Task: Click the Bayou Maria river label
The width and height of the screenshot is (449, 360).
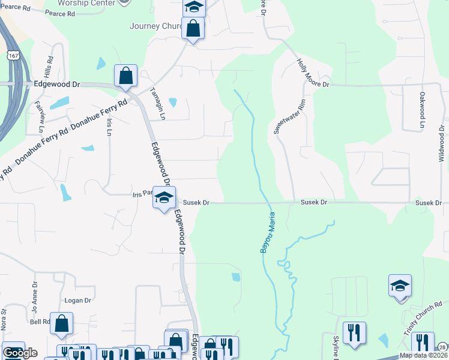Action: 268,232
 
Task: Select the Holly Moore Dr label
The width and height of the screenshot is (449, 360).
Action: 313,73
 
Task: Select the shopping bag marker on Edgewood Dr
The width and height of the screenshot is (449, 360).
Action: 126,76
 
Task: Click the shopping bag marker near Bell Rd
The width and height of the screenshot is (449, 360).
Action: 62,323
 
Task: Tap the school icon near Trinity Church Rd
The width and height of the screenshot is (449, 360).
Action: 400,286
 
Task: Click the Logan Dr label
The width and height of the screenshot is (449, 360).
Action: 77,300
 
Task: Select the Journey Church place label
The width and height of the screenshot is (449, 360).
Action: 154,26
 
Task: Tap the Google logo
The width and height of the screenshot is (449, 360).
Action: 20,353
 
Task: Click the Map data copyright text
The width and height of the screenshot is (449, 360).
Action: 424,355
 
